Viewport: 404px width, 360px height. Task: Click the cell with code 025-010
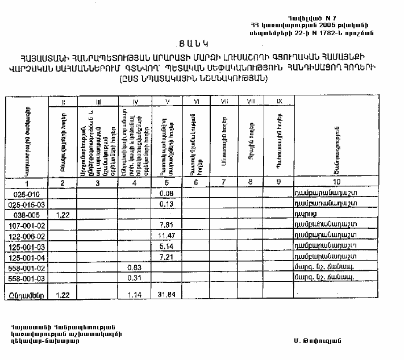24,194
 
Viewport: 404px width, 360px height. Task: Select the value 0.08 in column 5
166,194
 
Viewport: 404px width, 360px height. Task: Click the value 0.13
166,204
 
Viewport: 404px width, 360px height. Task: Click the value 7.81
166,225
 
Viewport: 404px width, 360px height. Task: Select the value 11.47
166,235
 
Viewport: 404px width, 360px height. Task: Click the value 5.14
166,245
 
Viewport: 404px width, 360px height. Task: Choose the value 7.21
166,256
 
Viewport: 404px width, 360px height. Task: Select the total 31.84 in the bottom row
166,294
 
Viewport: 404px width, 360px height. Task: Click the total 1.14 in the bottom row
134,294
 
